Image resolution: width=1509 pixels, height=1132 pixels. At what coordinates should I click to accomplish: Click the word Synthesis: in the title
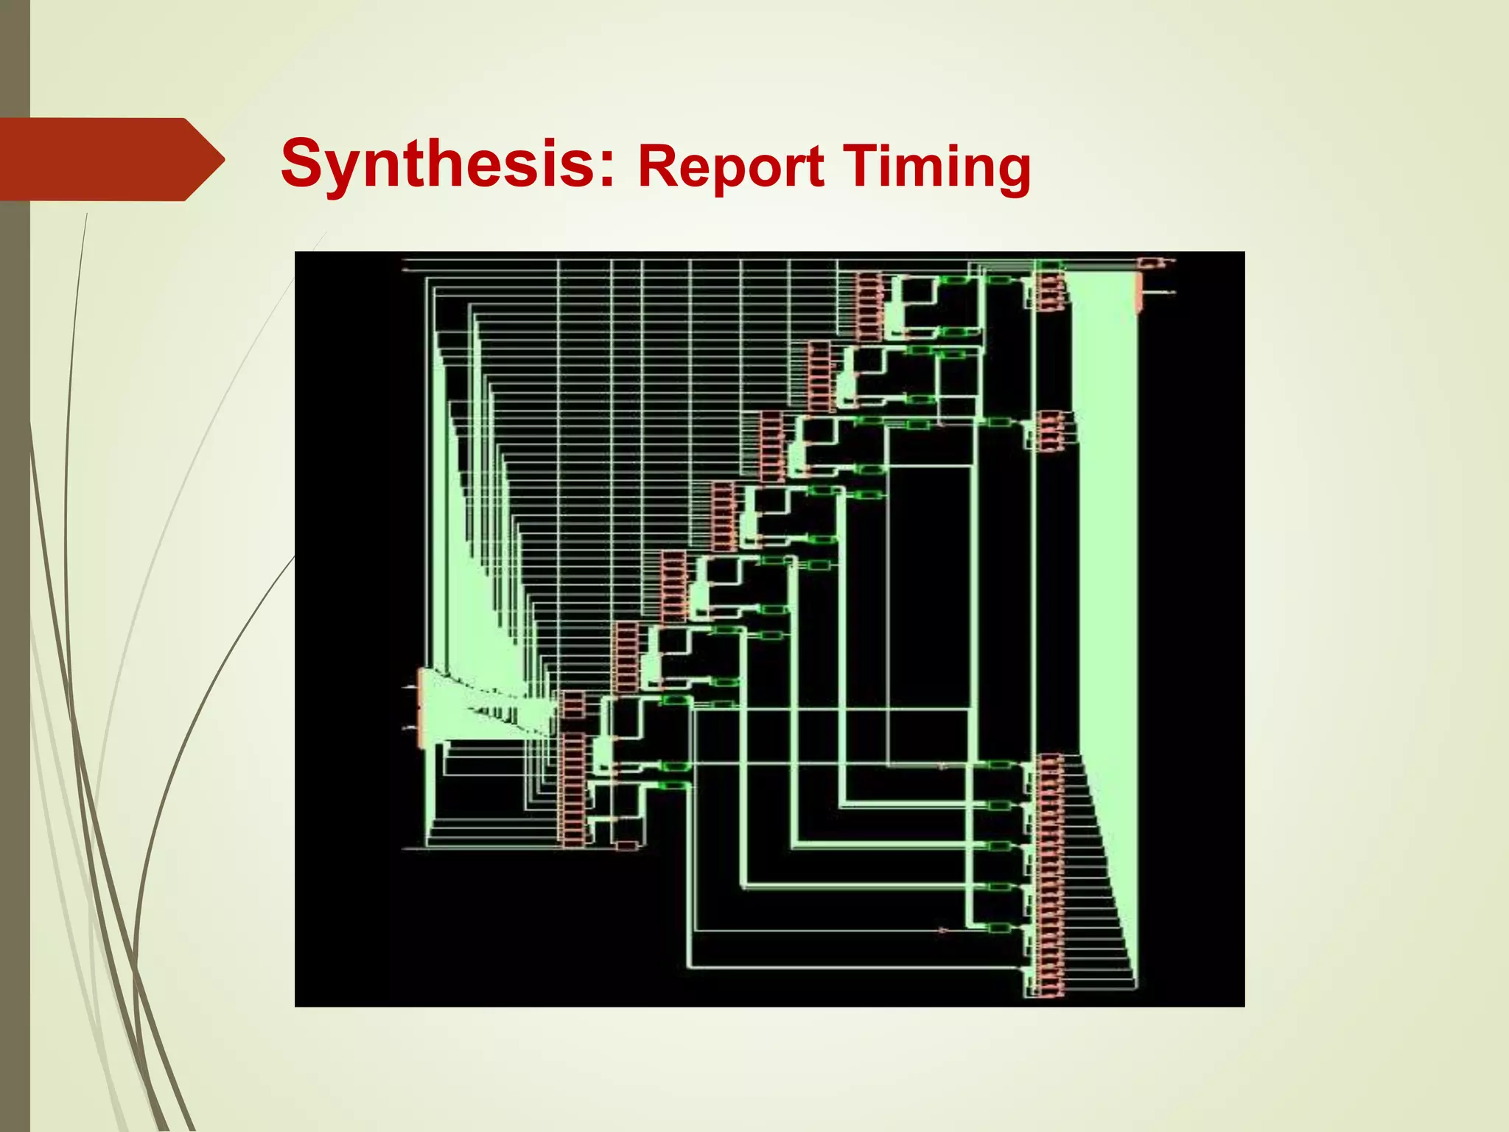coord(447,164)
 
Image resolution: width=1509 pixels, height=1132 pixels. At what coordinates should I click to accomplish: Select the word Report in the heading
coord(730,167)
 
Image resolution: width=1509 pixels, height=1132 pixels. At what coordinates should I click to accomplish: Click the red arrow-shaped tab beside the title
coord(103,159)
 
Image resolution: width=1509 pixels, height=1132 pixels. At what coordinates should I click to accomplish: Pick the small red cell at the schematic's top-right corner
coord(1149,262)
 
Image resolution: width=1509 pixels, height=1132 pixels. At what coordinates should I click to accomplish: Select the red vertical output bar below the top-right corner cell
coord(1140,293)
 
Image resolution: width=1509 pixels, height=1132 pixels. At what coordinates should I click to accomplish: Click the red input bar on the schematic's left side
coord(421,707)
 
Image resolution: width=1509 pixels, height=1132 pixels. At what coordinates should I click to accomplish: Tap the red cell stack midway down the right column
coord(1050,431)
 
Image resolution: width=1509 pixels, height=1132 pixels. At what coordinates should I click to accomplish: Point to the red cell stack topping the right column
coord(1050,290)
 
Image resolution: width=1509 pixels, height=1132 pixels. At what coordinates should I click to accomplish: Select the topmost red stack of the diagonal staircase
coord(869,306)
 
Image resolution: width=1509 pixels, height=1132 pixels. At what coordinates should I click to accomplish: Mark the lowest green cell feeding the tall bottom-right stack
coord(998,928)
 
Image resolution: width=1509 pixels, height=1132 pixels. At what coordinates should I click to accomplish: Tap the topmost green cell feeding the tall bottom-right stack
coord(998,765)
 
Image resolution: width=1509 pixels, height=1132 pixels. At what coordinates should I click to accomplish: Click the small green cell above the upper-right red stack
coord(1048,264)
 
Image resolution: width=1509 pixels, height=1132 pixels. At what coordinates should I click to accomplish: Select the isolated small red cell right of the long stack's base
coord(626,845)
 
